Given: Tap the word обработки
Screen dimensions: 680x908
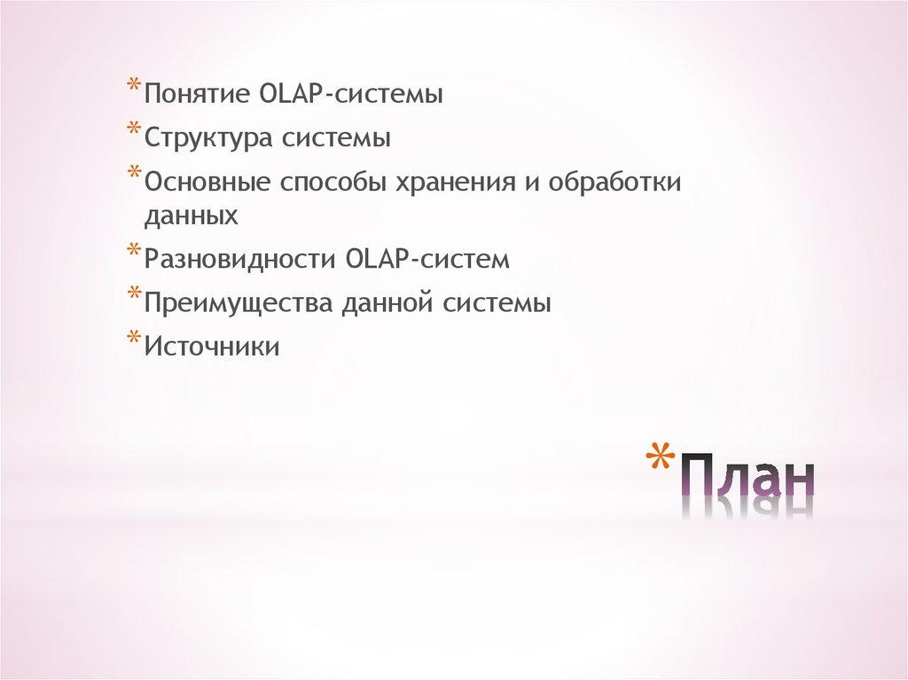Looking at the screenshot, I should [x=626, y=182].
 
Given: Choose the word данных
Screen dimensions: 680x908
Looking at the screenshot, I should [x=192, y=215].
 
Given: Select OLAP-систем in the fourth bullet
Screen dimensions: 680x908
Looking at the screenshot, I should [x=429, y=260].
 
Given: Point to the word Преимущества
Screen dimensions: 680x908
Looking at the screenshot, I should [x=232, y=303].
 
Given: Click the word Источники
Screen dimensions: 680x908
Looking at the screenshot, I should [x=212, y=347].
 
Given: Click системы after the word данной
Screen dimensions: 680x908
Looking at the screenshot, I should [x=498, y=303].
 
